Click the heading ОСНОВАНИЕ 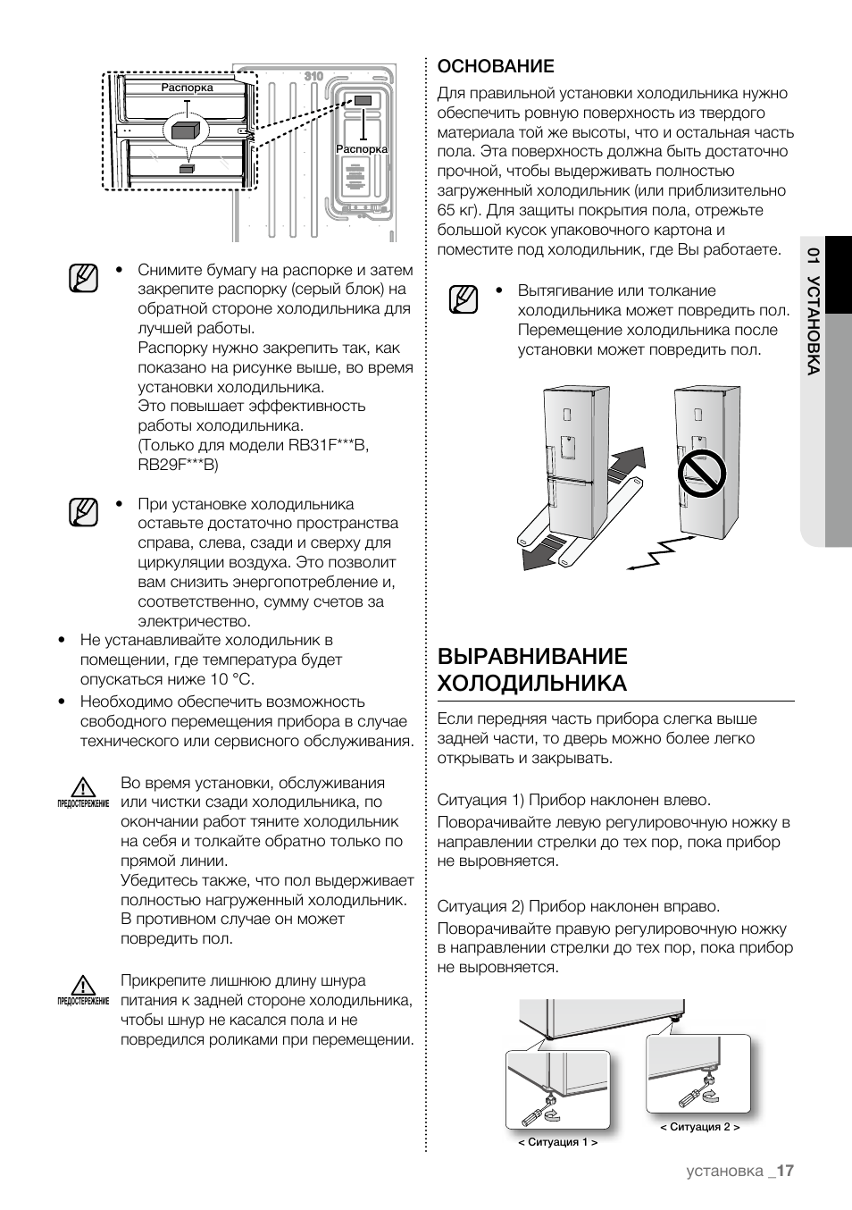(496, 66)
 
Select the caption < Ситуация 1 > (557, 1142)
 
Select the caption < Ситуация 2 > (699, 1127)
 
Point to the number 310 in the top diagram (313, 77)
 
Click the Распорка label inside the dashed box (187, 88)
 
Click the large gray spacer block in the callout (187, 130)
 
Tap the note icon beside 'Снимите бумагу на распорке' (82, 279)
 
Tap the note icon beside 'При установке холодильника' (82, 513)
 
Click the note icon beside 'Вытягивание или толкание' (464, 299)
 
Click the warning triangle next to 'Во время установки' (84, 788)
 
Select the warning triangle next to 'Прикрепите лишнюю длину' (84, 986)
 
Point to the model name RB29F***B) (178, 465)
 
